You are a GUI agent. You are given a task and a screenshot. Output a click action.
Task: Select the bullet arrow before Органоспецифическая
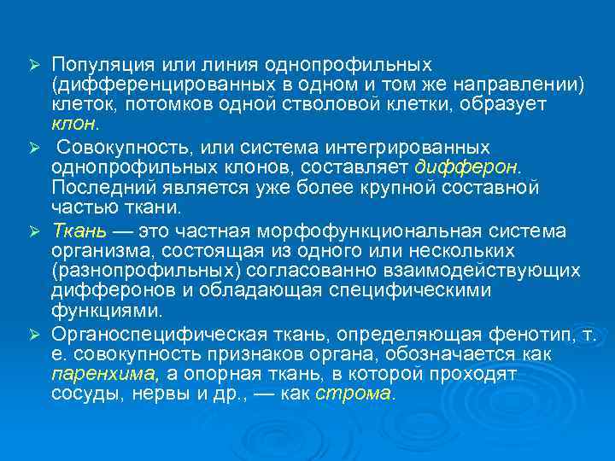[x=35, y=334]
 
